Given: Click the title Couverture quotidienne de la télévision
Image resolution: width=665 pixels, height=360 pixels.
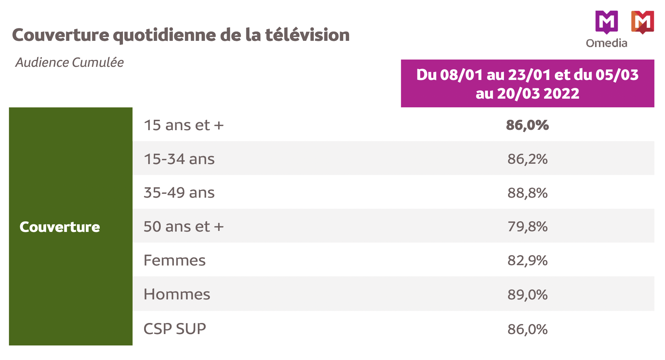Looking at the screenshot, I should (x=181, y=35).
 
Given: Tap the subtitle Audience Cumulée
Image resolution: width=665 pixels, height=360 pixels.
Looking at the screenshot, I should (x=70, y=63).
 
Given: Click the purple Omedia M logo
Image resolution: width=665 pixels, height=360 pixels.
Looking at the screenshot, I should (x=606, y=21).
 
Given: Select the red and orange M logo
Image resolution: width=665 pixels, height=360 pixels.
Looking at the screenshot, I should (x=642, y=22).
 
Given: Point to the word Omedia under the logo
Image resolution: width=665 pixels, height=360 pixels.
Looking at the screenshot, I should (x=606, y=43).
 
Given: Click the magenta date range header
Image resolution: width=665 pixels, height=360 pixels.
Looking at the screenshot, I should (x=527, y=84).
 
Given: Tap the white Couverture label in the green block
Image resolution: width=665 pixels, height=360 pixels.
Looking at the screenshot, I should (x=60, y=227).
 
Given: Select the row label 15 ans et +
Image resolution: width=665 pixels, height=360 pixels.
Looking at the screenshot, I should (x=184, y=125).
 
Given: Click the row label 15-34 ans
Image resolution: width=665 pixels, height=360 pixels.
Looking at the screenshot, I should (x=179, y=159).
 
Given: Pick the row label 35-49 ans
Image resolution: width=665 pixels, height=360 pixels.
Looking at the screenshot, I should (x=179, y=193).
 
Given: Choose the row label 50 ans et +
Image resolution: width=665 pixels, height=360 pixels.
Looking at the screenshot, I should (x=184, y=227).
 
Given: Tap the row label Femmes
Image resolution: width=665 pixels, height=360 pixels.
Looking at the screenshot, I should (x=175, y=260).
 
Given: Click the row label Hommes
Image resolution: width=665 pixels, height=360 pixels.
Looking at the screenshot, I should (x=177, y=294).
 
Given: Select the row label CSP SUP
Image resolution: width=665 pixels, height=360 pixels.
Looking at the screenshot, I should (x=175, y=329).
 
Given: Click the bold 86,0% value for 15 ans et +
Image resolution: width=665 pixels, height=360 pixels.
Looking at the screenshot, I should (x=527, y=125).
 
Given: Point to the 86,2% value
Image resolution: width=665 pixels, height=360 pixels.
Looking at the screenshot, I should (x=527, y=159).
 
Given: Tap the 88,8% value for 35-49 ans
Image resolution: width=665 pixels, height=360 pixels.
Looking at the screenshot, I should (x=527, y=193).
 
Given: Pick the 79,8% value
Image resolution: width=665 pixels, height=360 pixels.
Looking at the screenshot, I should (x=527, y=227).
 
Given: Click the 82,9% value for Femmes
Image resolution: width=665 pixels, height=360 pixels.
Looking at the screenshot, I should (x=527, y=260).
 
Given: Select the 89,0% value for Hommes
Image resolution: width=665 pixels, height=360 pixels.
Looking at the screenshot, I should (x=527, y=295).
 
